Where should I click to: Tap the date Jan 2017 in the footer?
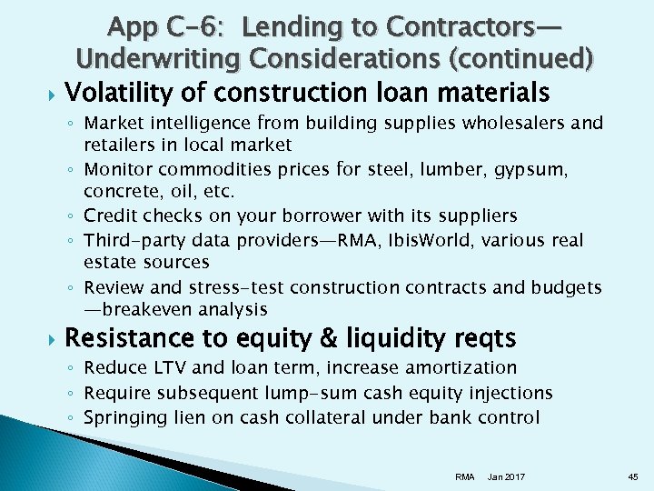tap(506, 476)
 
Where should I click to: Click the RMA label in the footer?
tap(464, 476)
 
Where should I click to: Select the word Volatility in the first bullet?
tap(115, 93)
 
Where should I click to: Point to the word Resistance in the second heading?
tap(129, 338)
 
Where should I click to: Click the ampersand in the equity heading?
tap(329, 339)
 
